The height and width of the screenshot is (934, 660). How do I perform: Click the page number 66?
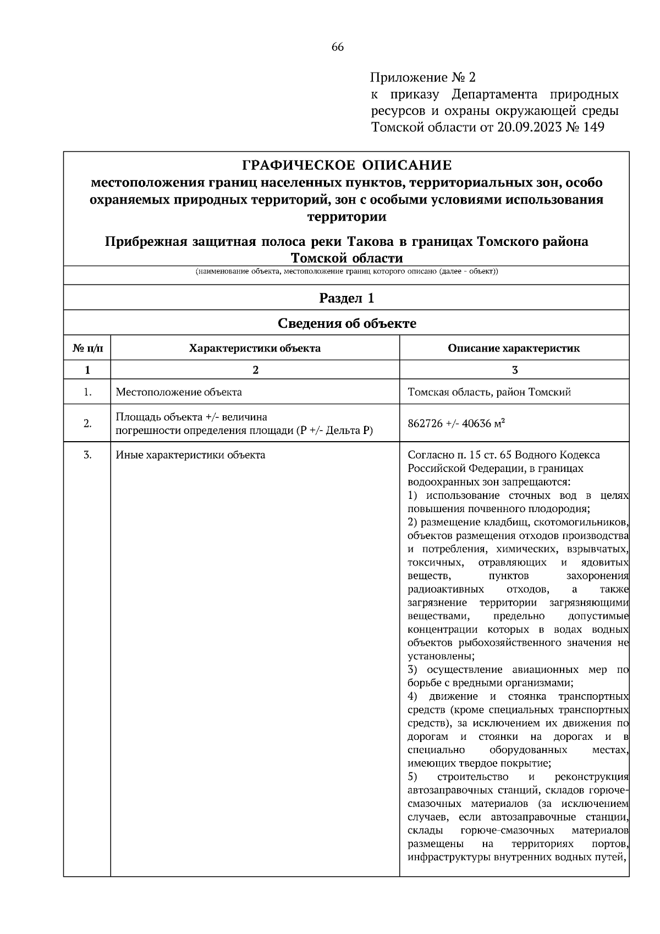coord(337,47)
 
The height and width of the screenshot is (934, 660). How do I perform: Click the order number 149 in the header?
coord(591,128)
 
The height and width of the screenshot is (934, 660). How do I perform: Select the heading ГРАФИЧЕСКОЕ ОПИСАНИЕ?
coord(346,165)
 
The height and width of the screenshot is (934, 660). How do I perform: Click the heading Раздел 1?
coord(346,298)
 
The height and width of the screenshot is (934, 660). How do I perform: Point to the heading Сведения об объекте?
coord(346,323)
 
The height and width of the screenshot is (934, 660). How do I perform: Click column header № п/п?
coord(87,348)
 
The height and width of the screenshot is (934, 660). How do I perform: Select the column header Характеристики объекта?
coord(255,348)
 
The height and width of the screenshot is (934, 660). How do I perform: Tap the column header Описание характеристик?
coord(514,348)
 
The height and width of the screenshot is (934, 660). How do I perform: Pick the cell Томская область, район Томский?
coord(489,392)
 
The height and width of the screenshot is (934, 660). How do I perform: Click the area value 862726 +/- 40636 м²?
coord(457,424)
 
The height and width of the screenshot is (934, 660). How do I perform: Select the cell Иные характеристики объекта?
coord(190,455)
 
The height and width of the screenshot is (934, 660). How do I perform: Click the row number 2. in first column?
coord(87,424)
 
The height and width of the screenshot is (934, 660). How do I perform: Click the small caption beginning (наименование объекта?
coord(346,272)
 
